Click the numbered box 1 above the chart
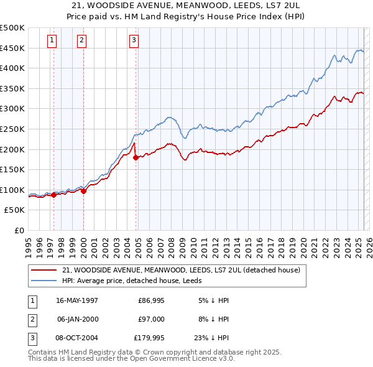pos(51,41)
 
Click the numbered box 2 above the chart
pos(81,41)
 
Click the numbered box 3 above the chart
pos(134,41)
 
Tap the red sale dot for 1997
pos(54,195)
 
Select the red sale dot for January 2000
pos(83,191)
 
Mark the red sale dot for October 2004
pos(136,157)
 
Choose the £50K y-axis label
pos(14,210)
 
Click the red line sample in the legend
pos(44,270)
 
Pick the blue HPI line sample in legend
pos(44,281)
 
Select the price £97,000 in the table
pos(151,319)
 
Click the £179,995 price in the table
pos(149,338)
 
